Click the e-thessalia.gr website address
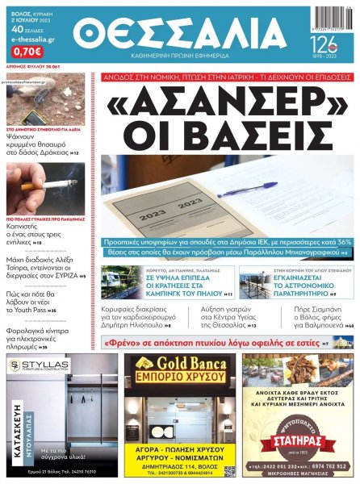pyautogui.click(x=30, y=47)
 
